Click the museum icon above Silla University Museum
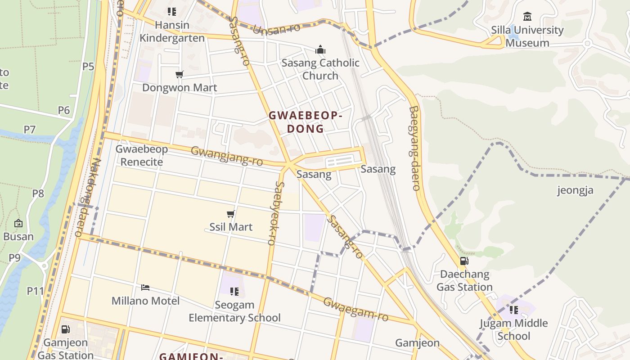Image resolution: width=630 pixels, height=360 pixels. click(x=527, y=17)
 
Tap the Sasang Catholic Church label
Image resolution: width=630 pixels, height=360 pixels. click(x=320, y=69)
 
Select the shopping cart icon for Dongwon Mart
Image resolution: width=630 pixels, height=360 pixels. click(x=180, y=74)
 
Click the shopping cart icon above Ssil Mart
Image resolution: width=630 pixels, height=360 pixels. click(x=231, y=214)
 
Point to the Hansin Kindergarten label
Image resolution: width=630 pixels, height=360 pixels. click(x=172, y=31)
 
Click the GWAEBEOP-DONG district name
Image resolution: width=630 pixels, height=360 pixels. click(x=306, y=122)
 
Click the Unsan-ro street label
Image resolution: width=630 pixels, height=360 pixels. click(x=277, y=30)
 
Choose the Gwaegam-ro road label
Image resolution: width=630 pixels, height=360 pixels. click(x=355, y=309)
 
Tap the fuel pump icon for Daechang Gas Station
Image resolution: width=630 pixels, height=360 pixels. click(x=464, y=261)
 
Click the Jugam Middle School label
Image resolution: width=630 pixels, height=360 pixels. click(x=513, y=329)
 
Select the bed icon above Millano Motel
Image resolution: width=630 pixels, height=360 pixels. click(x=145, y=288)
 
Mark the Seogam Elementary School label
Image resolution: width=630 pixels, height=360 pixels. click(x=234, y=311)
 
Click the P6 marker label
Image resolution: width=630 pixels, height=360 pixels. click(x=64, y=110)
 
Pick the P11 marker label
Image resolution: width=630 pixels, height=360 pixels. click(x=35, y=291)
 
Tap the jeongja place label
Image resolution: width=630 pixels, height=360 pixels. click(x=575, y=190)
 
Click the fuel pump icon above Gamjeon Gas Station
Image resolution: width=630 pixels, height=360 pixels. click(x=65, y=329)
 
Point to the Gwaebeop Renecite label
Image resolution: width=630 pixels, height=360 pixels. click(x=141, y=155)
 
